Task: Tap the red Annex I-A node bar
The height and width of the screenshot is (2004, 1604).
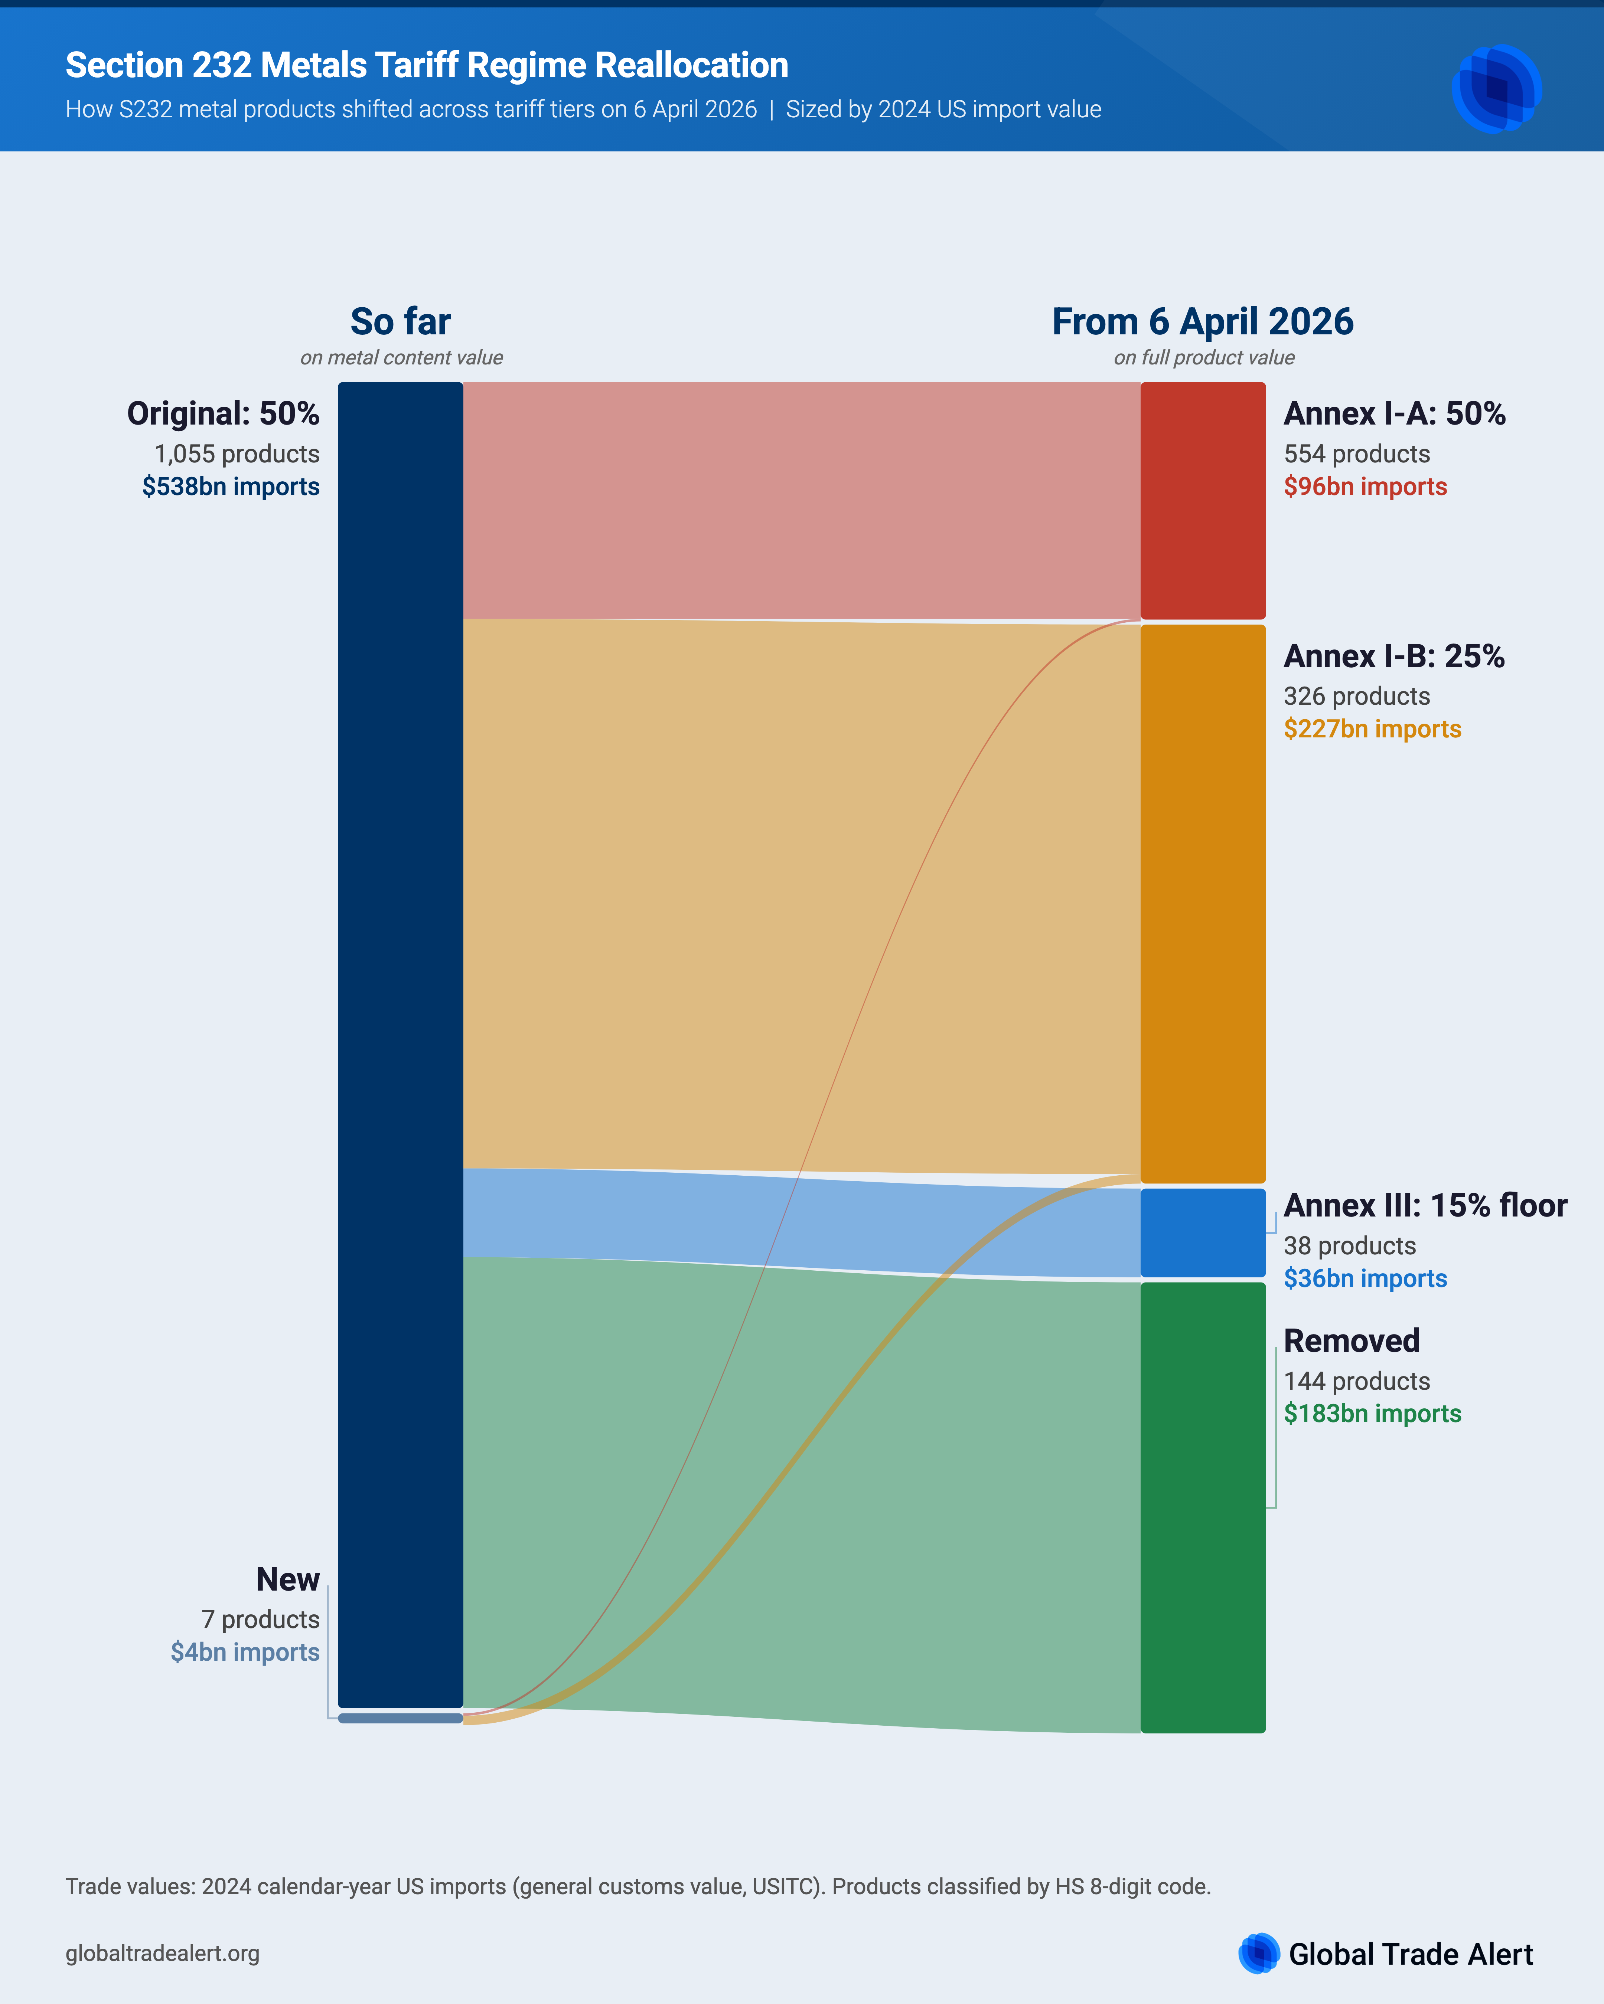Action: point(1202,500)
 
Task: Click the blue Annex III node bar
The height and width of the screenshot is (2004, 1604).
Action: point(1202,1232)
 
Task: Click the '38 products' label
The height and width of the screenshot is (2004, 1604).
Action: point(1349,1245)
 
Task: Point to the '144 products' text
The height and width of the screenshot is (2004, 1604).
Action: point(1357,1381)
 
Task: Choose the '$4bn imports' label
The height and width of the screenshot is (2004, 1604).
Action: point(245,1652)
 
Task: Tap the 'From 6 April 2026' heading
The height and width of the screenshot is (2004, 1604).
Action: point(1202,322)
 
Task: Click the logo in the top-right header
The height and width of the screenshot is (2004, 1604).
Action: point(1496,88)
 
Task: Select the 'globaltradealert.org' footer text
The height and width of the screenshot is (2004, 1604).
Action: point(163,1953)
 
